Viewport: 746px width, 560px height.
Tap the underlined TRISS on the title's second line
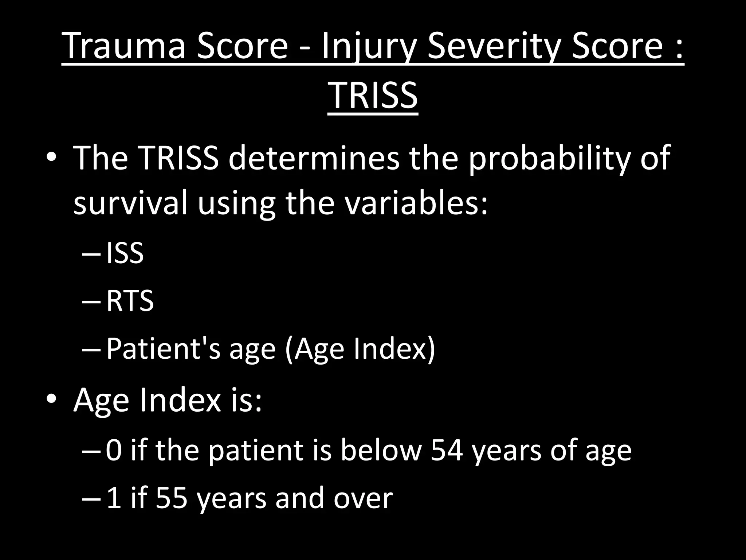click(x=373, y=96)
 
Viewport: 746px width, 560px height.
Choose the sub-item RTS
click(x=130, y=301)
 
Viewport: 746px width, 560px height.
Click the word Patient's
click(x=163, y=349)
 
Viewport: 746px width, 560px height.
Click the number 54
click(x=447, y=450)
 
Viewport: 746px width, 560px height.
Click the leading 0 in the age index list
click(x=114, y=450)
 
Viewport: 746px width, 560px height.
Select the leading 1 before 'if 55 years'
click(x=114, y=498)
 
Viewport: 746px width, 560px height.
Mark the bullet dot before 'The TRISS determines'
click(x=51, y=157)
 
